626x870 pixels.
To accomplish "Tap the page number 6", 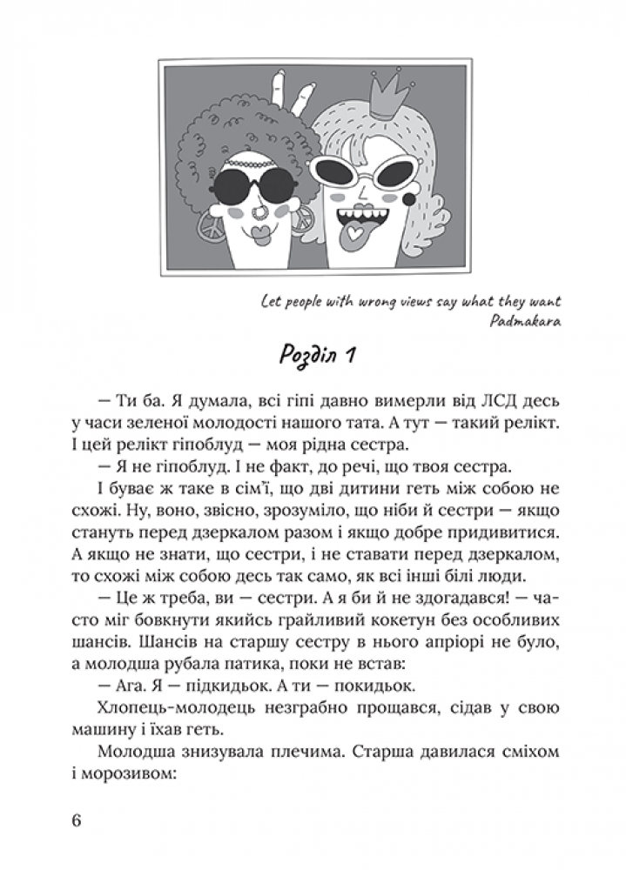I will [77, 822].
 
